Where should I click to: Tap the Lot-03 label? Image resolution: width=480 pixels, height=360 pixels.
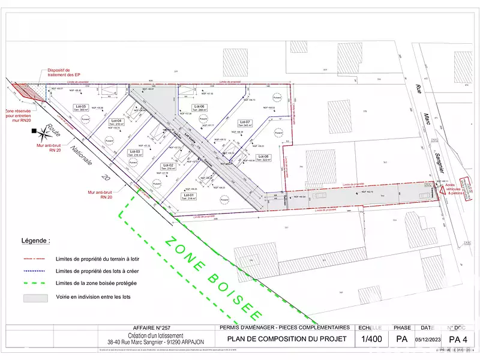(x=135, y=151)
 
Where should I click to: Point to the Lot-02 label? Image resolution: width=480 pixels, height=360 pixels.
(x=167, y=165)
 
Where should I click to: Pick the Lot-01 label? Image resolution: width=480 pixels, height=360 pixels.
(x=188, y=195)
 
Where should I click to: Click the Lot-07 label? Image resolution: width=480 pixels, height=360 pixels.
(x=245, y=122)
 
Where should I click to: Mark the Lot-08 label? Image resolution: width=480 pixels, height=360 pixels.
(x=264, y=157)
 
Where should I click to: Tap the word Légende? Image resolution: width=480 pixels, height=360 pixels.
(x=36, y=240)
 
